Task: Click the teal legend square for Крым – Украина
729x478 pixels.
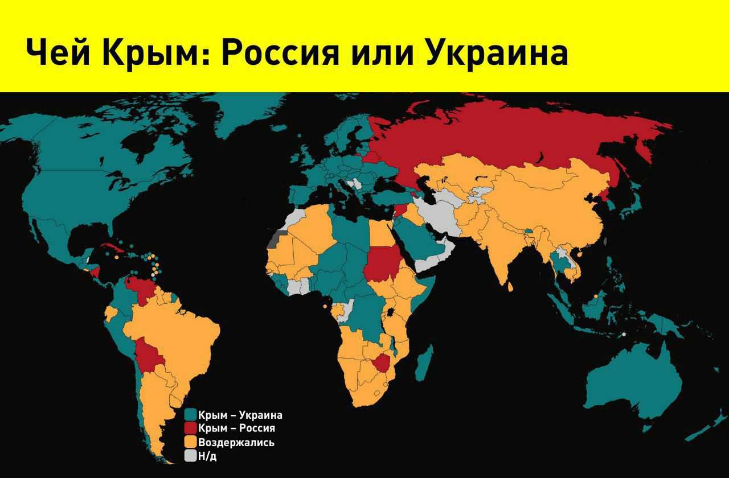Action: (191, 415)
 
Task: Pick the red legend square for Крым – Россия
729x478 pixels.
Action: (191, 428)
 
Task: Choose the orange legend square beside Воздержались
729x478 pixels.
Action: (191, 442)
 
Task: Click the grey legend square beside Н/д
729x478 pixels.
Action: (191, 456)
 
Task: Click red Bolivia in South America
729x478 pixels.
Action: (148, 357)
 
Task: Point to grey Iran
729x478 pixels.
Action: (439, 213)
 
